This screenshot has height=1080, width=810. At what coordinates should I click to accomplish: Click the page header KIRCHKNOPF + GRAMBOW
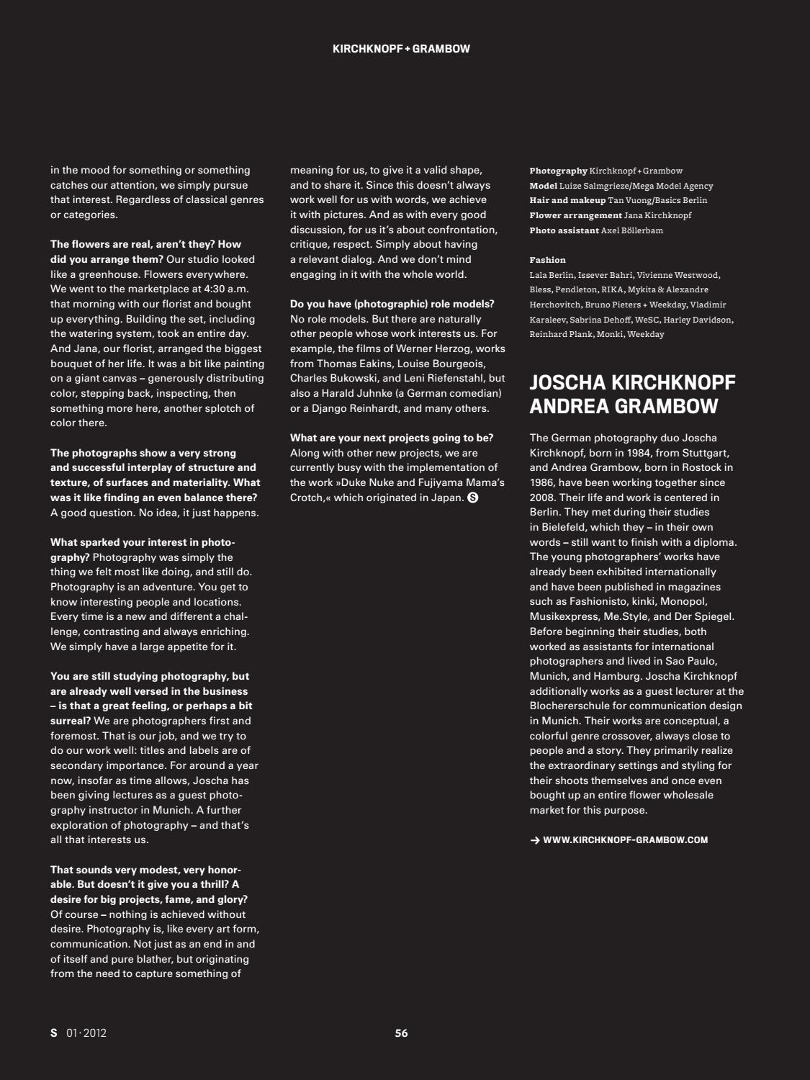pos(401,49)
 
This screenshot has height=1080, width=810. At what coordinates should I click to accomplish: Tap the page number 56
pos(401,1033)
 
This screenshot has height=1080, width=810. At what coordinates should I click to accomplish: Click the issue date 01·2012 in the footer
pos(86,1033)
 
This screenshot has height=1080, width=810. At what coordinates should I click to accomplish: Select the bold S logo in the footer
pos(53,1033)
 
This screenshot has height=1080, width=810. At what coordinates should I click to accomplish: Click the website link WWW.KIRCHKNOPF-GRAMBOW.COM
pos(625,840)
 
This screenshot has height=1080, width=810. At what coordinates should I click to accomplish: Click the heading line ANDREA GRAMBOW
pos(624,406)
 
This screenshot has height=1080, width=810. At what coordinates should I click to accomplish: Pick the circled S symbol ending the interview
pos(473,498)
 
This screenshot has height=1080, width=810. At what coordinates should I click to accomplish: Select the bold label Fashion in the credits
pos(547,260)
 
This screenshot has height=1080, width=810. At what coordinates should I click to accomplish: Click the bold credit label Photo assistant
pos(563,230)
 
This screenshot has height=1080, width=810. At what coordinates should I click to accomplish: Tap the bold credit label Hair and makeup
pos(567,200)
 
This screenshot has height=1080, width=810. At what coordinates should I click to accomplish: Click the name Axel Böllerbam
pos(631,230)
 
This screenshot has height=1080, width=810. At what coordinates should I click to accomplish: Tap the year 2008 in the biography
pos(544,498)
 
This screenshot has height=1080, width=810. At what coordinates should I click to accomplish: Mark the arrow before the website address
pos(534,840)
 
